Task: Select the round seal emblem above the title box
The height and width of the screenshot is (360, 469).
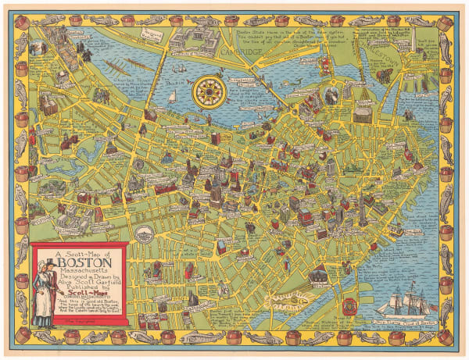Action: (x=142, y=233)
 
